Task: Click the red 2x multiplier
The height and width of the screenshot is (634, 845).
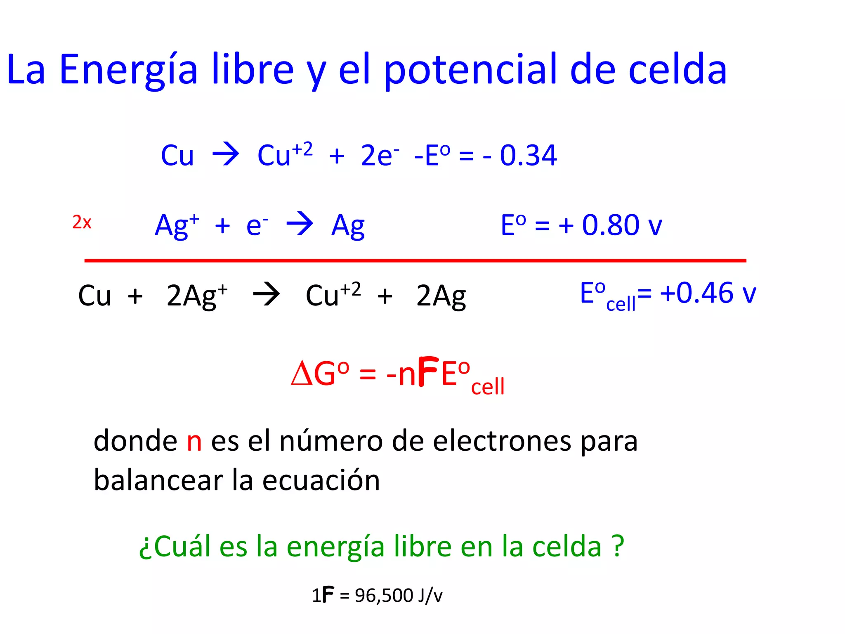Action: click(82, 222)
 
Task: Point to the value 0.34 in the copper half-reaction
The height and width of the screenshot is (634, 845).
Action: click(529, 156)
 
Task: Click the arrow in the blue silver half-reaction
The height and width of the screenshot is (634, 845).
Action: click(300, 224)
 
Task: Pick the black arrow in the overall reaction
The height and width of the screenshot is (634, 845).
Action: click(267, 295)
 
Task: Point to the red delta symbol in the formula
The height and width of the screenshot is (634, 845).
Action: click(301, 374)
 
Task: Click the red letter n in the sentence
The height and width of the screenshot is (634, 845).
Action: click(194, 441)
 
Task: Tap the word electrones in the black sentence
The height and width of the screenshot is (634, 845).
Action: click(502, 441)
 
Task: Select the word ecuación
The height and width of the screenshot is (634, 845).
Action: click(321, 480)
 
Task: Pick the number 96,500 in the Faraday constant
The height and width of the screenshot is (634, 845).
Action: click(384, 596)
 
